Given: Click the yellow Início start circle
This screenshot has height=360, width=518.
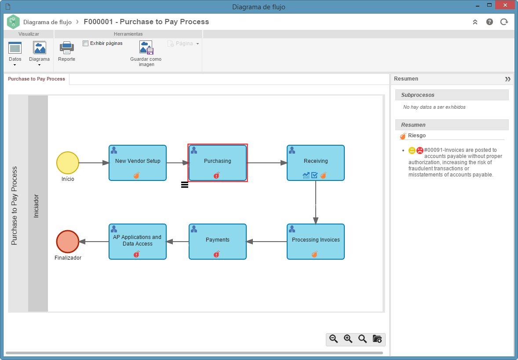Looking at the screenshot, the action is [68, 163].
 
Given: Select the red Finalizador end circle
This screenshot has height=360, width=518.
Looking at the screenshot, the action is [68, 242].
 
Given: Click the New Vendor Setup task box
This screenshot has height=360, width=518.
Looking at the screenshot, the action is [138, 163].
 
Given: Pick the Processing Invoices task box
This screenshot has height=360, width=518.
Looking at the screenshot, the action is [315, 242].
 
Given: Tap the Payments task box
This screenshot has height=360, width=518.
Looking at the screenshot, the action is [217, 242].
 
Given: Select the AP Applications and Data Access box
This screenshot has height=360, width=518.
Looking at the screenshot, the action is [138, 242].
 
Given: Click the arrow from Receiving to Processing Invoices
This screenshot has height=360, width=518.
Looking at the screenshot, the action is [315, 202].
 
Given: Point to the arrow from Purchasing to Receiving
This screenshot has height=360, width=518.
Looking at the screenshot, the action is [267, 163].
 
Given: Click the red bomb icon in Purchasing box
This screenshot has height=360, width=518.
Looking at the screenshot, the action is [217, 175].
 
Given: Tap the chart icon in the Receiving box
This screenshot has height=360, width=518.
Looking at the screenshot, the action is [306, 175].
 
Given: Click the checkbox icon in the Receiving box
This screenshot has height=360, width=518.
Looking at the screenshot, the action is [314, 175].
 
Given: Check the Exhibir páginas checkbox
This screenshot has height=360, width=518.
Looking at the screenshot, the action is [86, 43].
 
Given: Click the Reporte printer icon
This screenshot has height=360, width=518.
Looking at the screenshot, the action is [67, 48].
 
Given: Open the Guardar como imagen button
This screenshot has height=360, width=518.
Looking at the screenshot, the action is [146, 48].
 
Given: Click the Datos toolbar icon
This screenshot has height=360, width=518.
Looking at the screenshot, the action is [15, 48].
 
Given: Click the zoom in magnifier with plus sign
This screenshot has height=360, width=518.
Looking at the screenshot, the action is [348, 339].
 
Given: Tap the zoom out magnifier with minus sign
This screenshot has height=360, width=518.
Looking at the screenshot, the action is [334, 339].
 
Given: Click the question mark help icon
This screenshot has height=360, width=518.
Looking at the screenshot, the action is [489, 22].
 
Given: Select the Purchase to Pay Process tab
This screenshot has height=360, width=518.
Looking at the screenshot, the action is [36, 79].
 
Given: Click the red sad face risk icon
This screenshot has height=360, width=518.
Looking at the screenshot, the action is [420, 151].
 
